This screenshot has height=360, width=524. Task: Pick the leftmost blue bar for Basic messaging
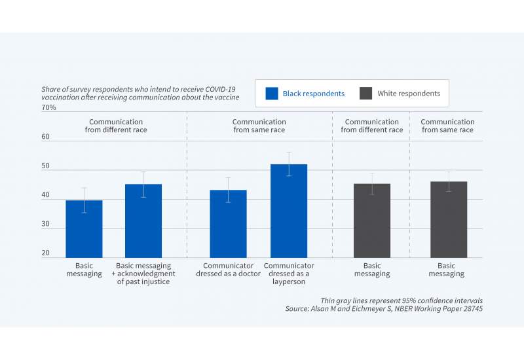84,229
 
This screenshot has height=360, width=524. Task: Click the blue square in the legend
272,94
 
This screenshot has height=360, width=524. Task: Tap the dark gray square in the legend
366,94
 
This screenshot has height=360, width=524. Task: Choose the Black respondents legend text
313,94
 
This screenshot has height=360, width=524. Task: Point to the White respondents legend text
409,94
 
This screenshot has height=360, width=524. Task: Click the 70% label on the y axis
48,107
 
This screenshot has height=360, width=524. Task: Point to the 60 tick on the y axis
47,137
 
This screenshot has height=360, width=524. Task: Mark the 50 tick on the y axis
47,167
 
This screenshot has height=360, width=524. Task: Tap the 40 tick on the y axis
47,196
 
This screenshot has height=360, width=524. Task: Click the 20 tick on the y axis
47,254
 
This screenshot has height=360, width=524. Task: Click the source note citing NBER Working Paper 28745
384,308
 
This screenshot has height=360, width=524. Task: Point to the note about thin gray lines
401,300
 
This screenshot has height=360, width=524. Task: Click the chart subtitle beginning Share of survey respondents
140,92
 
